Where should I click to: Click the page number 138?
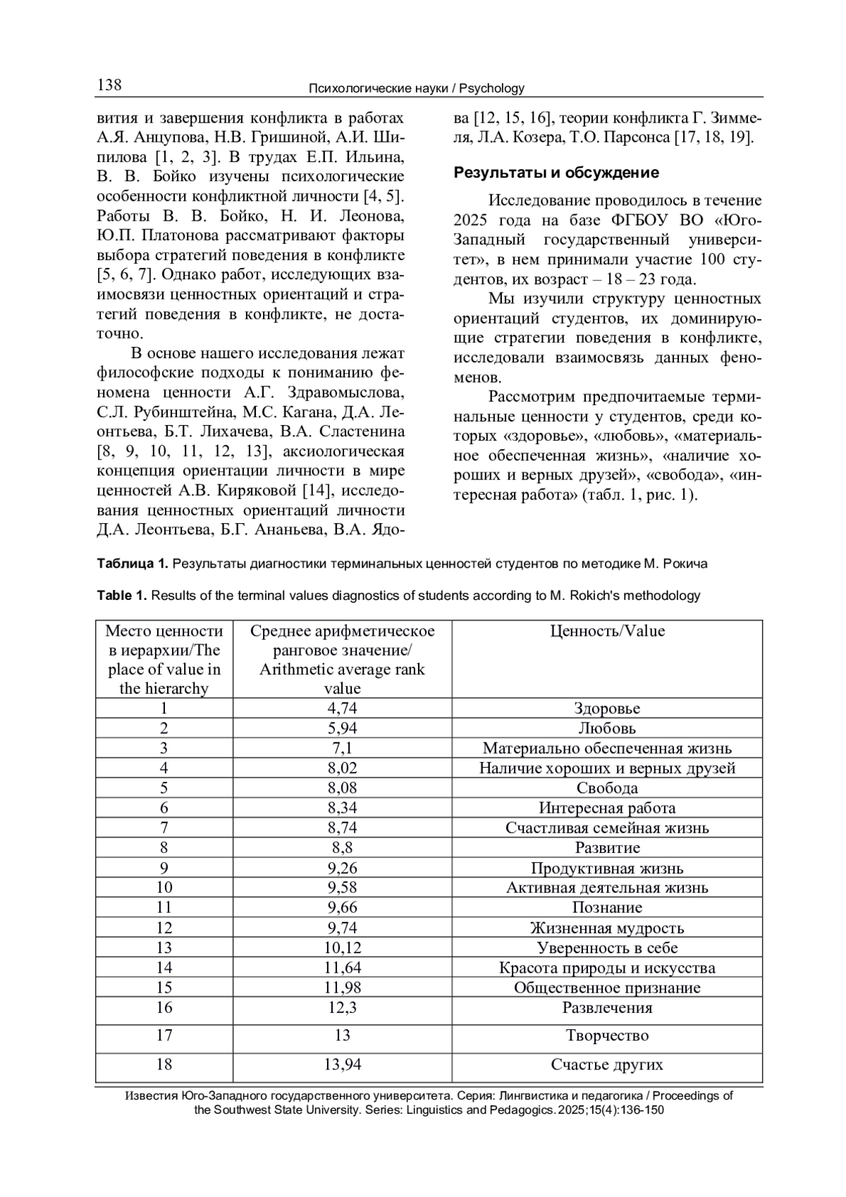[x=109, y=86]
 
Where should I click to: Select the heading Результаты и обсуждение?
[x=556, y=173]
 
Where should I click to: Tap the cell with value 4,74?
[x=342, y=708]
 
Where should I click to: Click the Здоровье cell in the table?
[x=607, y=708]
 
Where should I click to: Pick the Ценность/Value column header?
[x=607, y=631]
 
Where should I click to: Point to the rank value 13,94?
[x=342, y=1064]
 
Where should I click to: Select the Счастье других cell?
[x=607, y=1064]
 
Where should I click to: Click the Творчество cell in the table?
[x=607, y=1036]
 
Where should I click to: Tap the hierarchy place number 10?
[x=164, y=888]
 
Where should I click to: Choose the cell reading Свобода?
[x=607, y=788]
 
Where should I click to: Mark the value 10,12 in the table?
[x=342, y=947]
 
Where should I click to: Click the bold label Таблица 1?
[x=133, y=563]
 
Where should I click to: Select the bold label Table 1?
[x=122, y=596]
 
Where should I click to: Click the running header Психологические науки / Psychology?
[x=417, y=89]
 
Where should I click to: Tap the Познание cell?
[x=607, y=907]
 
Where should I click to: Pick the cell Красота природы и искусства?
[x=607, y=968]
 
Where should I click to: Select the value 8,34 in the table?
[x=342, y=808]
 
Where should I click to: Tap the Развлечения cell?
[x=607, y=1007]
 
